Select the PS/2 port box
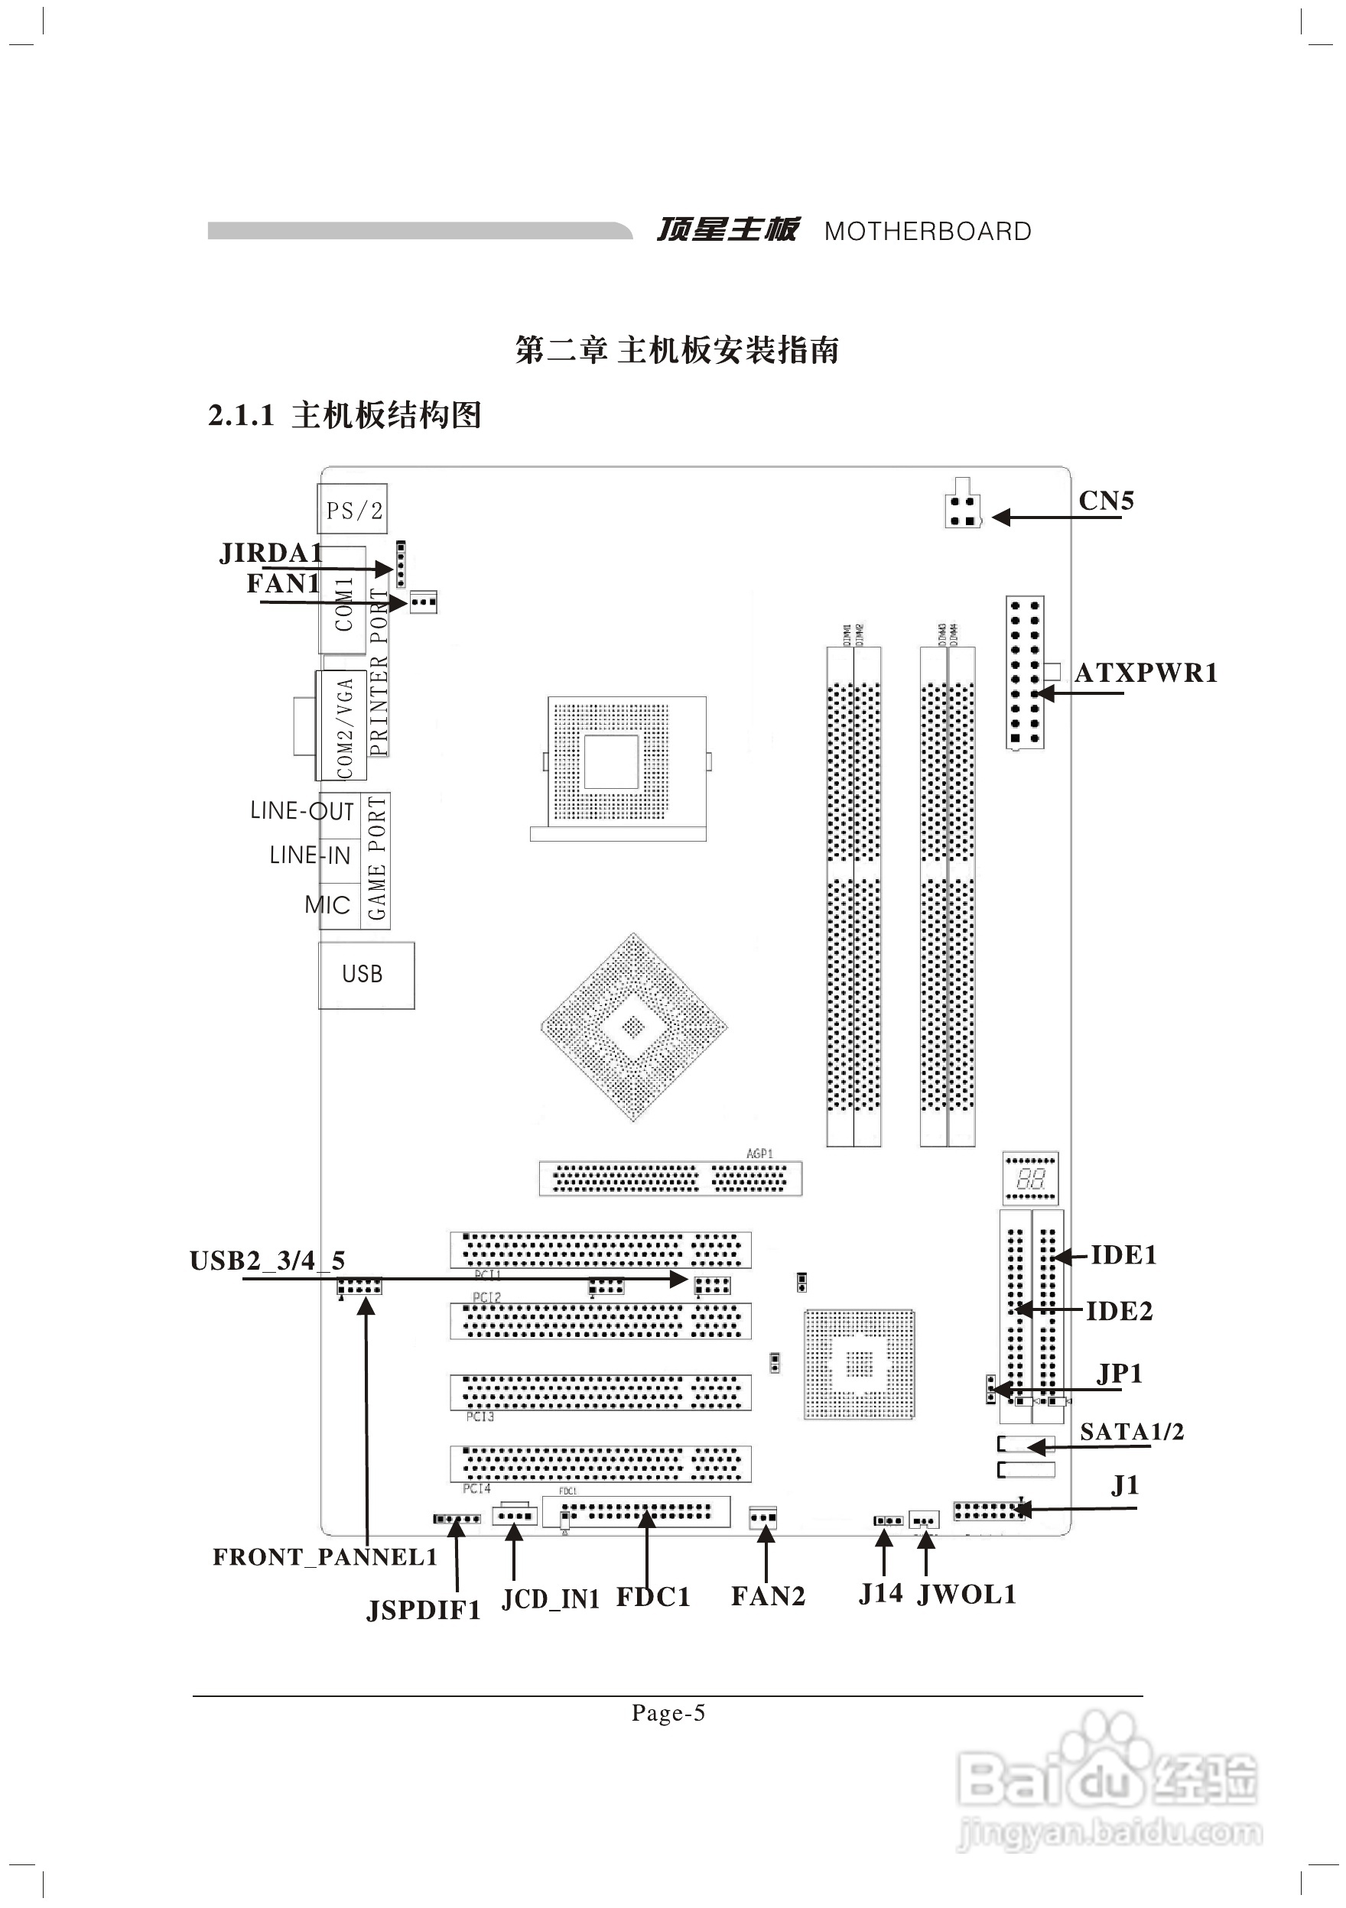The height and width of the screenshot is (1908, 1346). (353, 509)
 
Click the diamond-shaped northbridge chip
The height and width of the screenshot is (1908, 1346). (633, 1027)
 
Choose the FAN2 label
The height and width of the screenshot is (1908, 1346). (767, 1595)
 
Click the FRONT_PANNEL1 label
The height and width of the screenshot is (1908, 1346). (325, 1557)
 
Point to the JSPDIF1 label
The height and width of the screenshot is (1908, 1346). (424, 1611)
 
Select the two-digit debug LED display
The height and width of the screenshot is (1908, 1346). (1030, 1177)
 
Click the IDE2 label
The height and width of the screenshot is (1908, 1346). (1119, 1311)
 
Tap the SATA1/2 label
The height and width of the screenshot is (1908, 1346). (1132, 1431)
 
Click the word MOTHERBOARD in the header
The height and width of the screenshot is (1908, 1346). (927, 231)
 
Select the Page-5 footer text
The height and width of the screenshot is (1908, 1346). (668, 1713)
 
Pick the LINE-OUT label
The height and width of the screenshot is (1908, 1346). (302, 810)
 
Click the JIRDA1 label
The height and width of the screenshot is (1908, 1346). (270, 553)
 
